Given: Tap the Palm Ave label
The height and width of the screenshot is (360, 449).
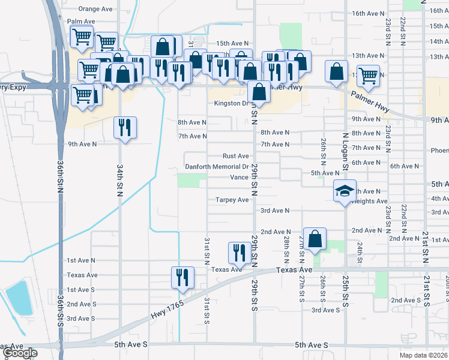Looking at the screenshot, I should point(82,21).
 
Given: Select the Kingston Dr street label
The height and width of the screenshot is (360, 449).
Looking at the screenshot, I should point(232,103).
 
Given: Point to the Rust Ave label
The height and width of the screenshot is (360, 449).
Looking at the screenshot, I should point(236,156).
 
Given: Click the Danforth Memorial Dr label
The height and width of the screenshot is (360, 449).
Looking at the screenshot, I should point(217,167).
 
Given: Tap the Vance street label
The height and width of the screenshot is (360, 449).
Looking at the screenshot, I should point(239,178).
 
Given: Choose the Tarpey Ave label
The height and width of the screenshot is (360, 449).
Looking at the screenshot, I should point(233,200).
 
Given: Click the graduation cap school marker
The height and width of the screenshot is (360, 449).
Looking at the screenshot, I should point(345,191).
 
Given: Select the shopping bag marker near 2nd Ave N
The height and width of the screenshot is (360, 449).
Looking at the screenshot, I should point(315,239).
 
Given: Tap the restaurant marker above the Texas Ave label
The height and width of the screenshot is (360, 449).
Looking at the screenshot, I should point(240,253).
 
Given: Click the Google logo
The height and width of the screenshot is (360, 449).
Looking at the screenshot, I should point(20,353).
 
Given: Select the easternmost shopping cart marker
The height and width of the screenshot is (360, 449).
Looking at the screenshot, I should point(367,76).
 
